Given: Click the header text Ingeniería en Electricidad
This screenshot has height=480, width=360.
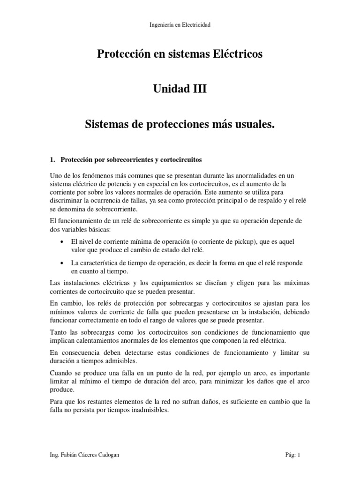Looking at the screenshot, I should tap(180, 25).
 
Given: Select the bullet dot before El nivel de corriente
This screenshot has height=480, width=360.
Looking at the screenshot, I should tap(63, 241).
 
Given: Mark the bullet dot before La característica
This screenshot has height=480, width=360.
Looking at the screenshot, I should tap(63, 263).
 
